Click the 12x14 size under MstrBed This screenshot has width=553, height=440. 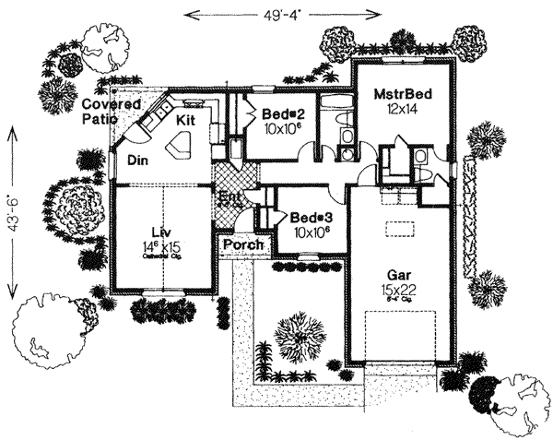pyautogui.click(x=403, y=109)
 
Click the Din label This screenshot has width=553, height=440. pyautogui.click(x=139, y=160)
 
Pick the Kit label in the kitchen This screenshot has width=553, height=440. pyautogui.click(x=186, y=120)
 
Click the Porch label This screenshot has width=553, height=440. pyautogui.click(x=244, y=245)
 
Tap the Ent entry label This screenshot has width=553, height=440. pyautogui.click(x=229, y=196)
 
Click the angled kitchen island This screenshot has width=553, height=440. pyautogui.click(x=177, y=144)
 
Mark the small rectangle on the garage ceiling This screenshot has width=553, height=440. pyautogui.click(x=397, y=229)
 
